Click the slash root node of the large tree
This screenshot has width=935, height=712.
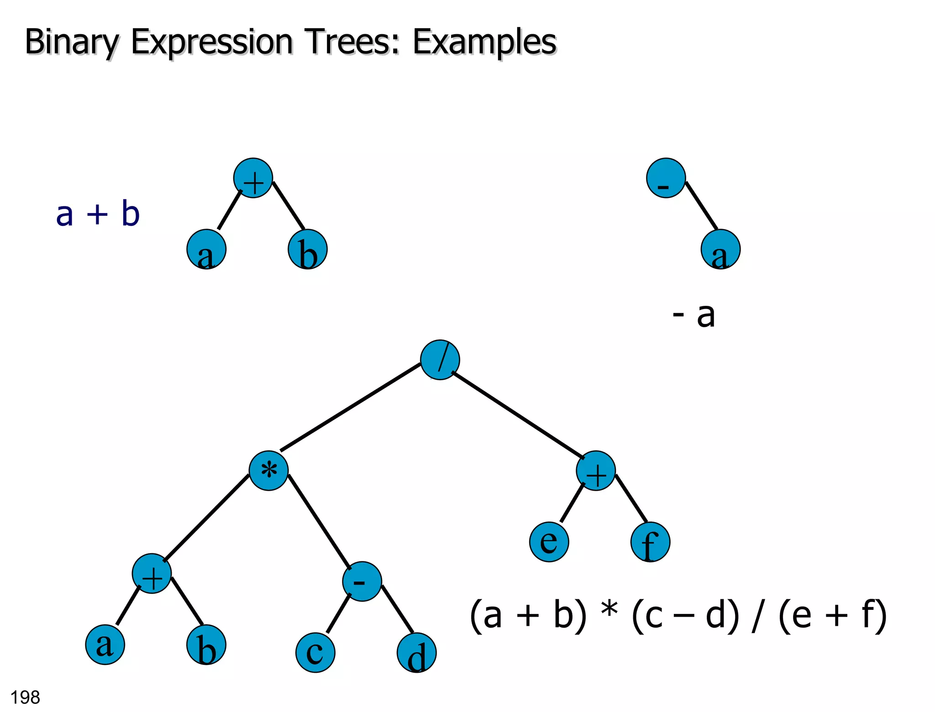tap(440, 360)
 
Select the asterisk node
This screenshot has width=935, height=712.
tap(268, 471)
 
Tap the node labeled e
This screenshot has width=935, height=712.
tap(549, 542)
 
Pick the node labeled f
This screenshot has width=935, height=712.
tap(650, 542)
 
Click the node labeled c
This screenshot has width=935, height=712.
tap(315, 653)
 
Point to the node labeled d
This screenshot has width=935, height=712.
tap(416, 653)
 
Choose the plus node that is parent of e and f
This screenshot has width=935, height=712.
tap(596, 471)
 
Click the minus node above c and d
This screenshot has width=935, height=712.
tap(362, 581)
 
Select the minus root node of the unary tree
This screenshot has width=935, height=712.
tap(666, 178)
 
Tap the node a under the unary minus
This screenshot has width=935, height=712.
tap(720, 249)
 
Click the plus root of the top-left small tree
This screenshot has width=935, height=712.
tap(253, 178)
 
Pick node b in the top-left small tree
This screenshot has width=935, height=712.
tap(307, 249)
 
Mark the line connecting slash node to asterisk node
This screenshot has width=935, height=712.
tap(350, 407)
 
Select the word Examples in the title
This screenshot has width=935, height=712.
tap(484, 42)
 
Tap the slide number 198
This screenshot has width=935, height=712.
tap(25, 697)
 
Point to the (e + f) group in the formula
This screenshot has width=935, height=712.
tap(832, 615)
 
